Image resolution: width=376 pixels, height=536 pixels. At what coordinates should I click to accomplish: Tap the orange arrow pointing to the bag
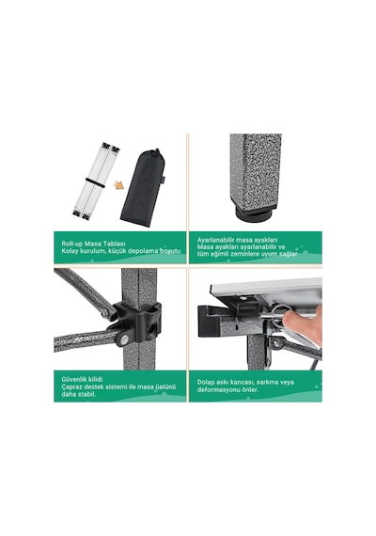click(x=119, y=185)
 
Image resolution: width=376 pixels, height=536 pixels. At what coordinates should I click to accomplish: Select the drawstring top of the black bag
click(x=156, y=152)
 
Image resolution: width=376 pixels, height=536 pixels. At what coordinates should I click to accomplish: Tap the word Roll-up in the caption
click(x=71, y=244)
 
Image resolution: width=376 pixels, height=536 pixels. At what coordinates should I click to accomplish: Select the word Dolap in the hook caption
click(x=206, y=382)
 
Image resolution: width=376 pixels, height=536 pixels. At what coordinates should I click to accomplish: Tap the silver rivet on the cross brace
click(x=125, y=339)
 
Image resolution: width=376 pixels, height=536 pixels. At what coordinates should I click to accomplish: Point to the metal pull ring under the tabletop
click(x=281, y=308)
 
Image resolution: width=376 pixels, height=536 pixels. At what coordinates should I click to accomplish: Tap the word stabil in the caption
click(x=87, y=394)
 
